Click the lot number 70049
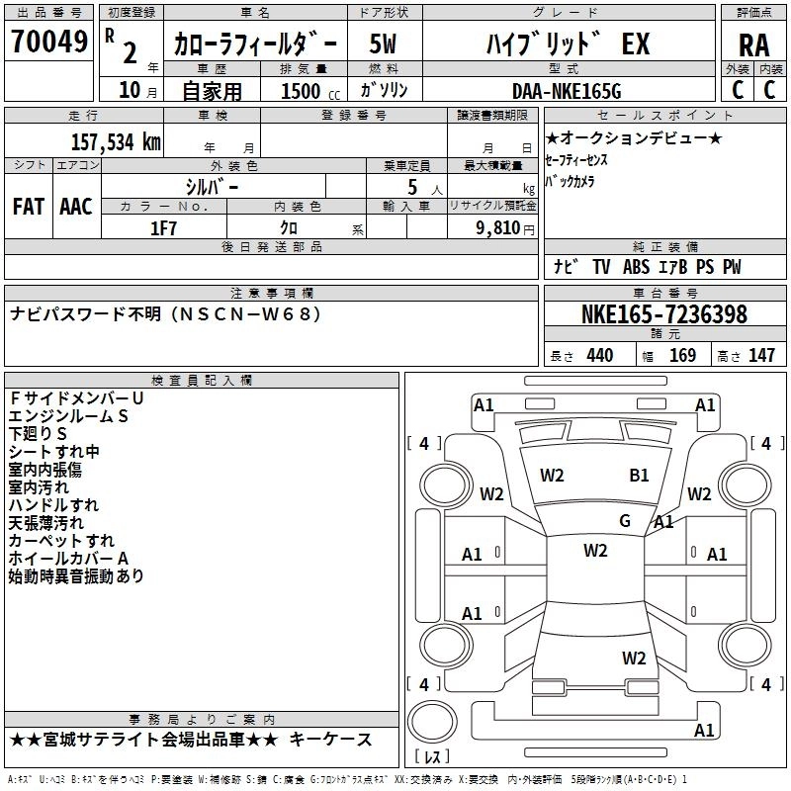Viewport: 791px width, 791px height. pyautogui.click(x=48, y=42)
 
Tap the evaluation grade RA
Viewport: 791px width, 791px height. pyautogui.click(x=753, y=45)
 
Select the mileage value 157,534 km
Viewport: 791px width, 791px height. pyautogui.click(x=116, y=142)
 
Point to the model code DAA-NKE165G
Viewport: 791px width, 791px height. pyautogui.click(x=567, y=91)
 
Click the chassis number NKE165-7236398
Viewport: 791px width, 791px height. pyautogui.click(x=663, y=314)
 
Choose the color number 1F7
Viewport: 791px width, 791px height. pyautogui.click(x=163, y=228)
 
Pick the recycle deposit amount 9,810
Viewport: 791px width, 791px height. pyautogui.click(x=498, y=228)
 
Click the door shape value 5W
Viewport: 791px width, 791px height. pyautogui.click(x=383, y=44)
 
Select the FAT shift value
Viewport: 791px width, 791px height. pyautogui.click(x=29, y=207)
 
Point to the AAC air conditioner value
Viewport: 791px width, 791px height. pyautogui.click(x=76, y=207)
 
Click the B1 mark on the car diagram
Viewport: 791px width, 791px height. pyautogui.click(x=639, y=476)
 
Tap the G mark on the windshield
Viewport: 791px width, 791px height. pyautogui.click(x=625, y=521)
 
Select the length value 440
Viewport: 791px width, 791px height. pyautogui.click(x=600, y=355)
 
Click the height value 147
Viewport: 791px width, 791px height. pyautogui.click(x=761, y=355)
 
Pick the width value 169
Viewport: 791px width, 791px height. pyautogui.click(x=682, y=355)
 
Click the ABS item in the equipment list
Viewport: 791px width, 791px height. pyautogui.click(x=636, y=267)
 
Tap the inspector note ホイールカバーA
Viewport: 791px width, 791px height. pyautogui.click(x=68, y=559)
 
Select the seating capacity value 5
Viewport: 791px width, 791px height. pyautogui.click(x=412, y=187)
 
